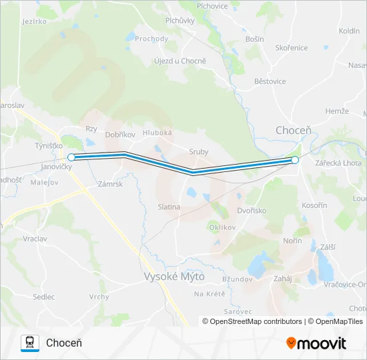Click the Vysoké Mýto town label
click(x=175, y=276)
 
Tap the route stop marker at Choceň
click(x=295, y=160)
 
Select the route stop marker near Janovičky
click(x=71, y=157)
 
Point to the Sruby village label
click(x=198, y=152)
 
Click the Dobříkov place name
click(x=120, y=135)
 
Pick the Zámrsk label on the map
click(x=110, y=183)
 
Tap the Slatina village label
click(x=169, y=207)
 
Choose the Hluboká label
click(x=157, y=133)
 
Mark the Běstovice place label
click(x=270, y=81)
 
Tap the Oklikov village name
click(x=224, y=227)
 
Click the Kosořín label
click(x=314, y=205)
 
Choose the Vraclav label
click(x=35, y=238)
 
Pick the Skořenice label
click(x=292, y=48)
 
